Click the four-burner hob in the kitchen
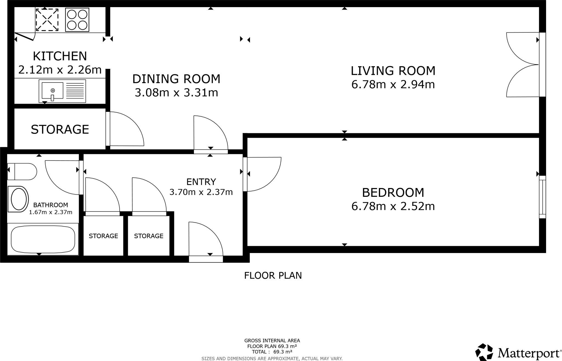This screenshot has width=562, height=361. point(77,20)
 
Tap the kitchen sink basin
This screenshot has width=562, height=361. point(52,90)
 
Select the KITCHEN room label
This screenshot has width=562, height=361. point(60,56)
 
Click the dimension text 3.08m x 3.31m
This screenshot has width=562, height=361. point(176,93)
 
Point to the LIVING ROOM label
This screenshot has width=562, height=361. point(393,71)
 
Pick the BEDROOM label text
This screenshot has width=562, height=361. point(393,193)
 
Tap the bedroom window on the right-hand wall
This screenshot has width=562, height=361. point(542,197)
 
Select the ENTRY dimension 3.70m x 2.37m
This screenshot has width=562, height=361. point(201,192)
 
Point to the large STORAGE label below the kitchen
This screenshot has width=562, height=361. point(60,129)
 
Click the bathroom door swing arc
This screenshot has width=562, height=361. point(60,178)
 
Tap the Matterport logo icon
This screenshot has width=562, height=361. point(484,352)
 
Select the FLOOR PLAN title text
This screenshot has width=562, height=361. point(273,275)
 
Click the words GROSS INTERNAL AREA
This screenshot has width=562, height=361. point(272,341)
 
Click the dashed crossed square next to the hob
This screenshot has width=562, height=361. point(47,20)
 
